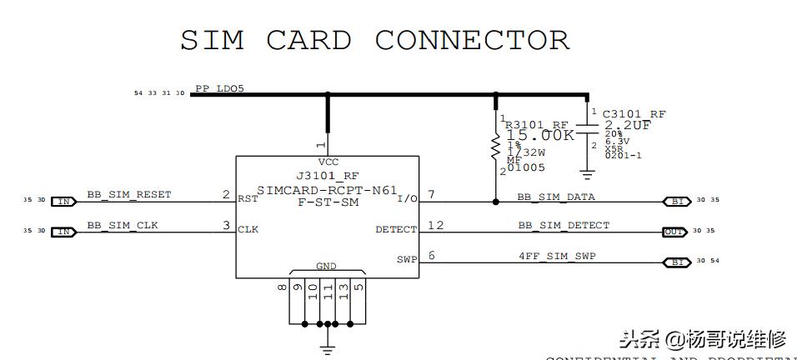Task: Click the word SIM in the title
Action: (212, 40)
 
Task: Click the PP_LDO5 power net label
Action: (219, 87)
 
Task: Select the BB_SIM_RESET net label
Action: (129, 194)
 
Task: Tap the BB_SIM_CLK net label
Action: (123, 225)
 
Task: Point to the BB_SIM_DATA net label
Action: (556, 197)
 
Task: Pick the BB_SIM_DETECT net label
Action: (564, 225)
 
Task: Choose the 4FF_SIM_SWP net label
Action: (558, 255)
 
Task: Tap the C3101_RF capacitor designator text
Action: (634, 113)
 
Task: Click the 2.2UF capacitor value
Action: (628, 125)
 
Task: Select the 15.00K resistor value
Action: (540, 135)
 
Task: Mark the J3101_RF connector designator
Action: (328, 176)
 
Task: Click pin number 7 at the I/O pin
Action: (431, 195)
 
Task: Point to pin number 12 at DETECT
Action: (436, 225)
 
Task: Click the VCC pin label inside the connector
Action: (328, 162)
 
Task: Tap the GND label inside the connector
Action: (326, 267)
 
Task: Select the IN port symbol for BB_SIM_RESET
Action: (63, 201)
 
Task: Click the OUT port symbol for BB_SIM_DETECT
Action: (674, 232)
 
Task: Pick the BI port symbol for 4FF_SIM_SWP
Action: (676, 262)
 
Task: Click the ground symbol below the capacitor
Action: (588, 174)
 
